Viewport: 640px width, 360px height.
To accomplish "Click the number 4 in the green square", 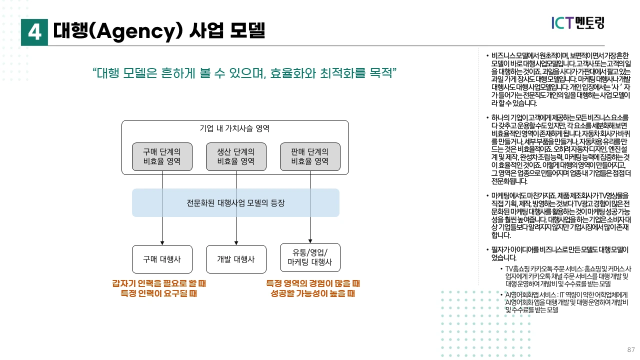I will point(34,32).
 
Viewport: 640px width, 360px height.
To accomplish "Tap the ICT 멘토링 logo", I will point(578,22).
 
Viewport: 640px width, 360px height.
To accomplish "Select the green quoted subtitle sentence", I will point(244,73).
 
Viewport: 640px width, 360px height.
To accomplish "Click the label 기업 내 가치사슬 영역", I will point(235,128).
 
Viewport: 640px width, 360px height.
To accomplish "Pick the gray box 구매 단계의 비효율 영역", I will point(162,156).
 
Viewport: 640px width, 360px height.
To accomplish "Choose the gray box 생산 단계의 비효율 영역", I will point(236,156).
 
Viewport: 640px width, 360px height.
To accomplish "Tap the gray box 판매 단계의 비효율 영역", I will point(310,156).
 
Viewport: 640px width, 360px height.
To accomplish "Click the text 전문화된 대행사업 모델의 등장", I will point(235,203).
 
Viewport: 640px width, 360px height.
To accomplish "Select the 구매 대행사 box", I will point(162,259).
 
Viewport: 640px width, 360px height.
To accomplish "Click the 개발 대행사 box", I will point(236,259).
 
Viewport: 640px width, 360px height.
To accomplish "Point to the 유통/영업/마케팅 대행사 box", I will point(310,257).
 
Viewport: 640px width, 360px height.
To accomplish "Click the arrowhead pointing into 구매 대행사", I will point(162,242).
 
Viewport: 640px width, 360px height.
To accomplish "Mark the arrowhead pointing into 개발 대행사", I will point(236,242).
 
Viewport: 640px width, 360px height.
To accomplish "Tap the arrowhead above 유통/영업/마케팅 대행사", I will point(310,240).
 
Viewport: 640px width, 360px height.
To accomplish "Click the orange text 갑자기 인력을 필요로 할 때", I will point(159,283).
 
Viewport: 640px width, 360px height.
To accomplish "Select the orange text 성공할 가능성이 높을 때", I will point(313,294).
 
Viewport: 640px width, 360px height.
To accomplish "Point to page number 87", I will point(630,349).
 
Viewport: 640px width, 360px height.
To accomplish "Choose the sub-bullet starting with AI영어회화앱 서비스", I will point(566,302).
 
